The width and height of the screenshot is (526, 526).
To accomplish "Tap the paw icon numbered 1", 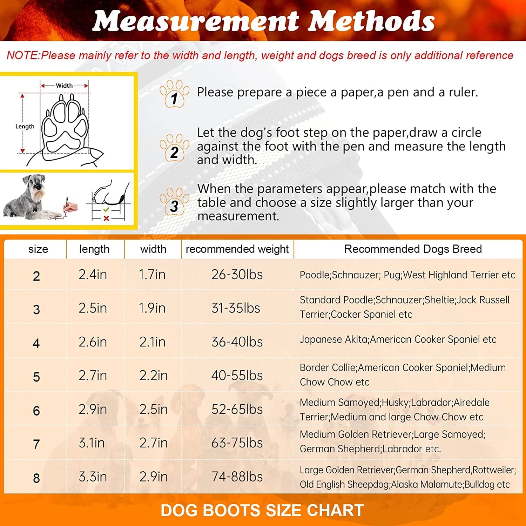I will (x=174, y=93).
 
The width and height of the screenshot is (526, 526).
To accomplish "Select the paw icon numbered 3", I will (x=174, y=201).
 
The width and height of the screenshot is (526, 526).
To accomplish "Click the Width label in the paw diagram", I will (x=64, y=86).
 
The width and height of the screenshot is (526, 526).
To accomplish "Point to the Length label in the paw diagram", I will (x=25, y=127).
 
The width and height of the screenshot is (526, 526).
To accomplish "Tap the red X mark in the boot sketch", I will (x=106, y=218).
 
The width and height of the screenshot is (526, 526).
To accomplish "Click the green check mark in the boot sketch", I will (x=106, y=210).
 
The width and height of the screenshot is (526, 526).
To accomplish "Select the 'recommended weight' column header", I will (x=237, y=249).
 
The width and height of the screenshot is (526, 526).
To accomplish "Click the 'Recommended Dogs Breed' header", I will (x=413, y=249).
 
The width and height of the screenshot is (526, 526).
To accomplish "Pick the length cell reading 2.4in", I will (x=93, y=275).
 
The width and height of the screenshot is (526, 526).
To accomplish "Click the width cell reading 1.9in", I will (x=152, y=308).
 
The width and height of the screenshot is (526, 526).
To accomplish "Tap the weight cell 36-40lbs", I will (x=237, y=342).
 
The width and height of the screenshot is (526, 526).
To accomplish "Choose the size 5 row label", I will (x=36, y=377).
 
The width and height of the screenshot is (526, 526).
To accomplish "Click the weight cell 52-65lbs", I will (x=237, y=409).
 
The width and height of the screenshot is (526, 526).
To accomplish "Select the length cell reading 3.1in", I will (x=92, y=443).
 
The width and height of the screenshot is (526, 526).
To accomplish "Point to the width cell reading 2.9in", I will (x=153, y=477).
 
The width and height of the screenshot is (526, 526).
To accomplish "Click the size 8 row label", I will (x=36, y=478).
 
